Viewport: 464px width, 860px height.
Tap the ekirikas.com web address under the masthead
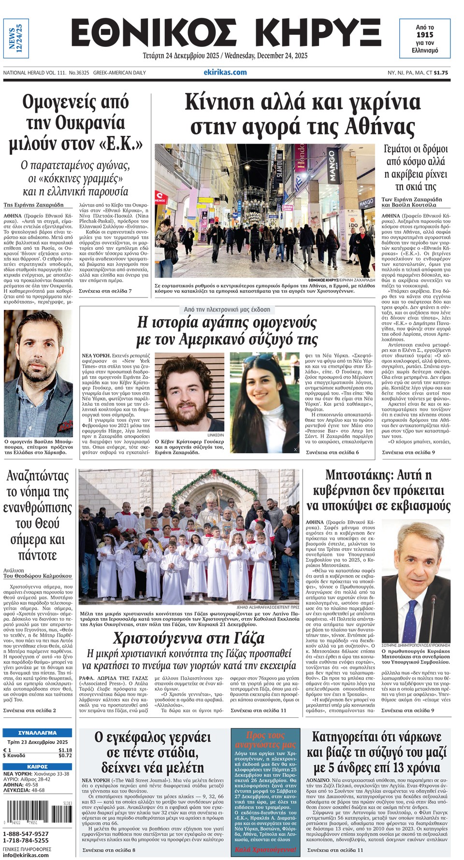tap(225, 72)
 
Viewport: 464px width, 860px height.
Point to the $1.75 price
tap(441, 73)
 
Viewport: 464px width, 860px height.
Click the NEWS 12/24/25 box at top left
tap(16, 38)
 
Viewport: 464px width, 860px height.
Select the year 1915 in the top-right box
tap(425, 35)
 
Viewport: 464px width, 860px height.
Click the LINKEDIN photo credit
tap(216, 435)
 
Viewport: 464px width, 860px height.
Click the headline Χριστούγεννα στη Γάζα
tap(189, 638)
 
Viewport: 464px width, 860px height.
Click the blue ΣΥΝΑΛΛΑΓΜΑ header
tap(37, 733)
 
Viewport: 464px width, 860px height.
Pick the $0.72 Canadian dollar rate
tap(65, 756)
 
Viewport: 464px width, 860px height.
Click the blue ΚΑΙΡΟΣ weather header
tap(37, 767)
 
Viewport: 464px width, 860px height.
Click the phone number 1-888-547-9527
tap(26, 834)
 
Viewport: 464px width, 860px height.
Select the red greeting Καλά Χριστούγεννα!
tap(265, 849)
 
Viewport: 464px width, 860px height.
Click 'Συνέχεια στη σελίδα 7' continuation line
tap(105, 291)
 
